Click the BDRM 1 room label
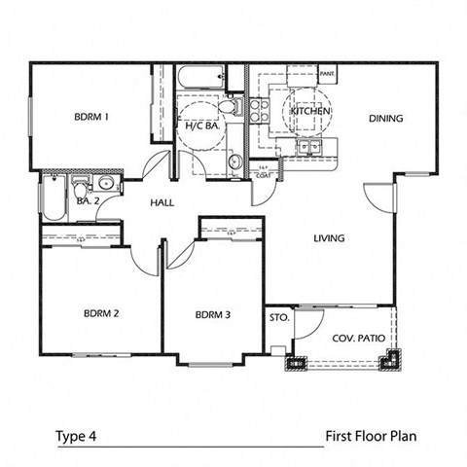91,118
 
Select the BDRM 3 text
213,314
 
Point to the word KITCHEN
311,112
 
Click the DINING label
385,119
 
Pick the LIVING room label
331,237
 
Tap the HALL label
162,204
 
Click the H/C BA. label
202,126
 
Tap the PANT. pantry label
327,73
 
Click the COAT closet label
263,174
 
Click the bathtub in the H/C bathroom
201,78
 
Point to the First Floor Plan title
371,436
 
